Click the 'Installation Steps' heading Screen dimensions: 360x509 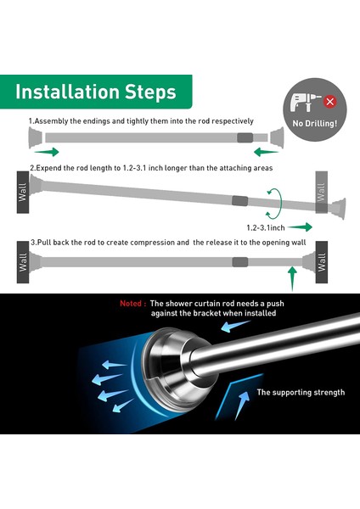tap(96, 92)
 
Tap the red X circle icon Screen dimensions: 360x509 tap(329, 102)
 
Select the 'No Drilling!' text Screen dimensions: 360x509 tap(314, 124)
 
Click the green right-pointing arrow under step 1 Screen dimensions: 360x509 tap(47, 152)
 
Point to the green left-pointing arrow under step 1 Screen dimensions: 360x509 tap(266, 152)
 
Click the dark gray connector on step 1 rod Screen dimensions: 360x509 tap(245, 137)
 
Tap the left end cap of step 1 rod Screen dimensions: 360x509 tap(35, 137)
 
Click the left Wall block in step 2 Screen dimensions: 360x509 tap(23, 193)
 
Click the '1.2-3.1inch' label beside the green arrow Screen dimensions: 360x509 tap(266, 227)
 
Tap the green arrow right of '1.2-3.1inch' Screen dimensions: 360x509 tap(300, 227)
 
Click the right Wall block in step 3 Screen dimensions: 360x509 tap(321, 262)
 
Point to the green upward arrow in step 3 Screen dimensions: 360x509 tap(292, 278)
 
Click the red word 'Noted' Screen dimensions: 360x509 tap(131, 304)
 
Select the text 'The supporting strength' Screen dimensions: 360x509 tap(301, 392)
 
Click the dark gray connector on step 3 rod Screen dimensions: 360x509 tap(240, 262)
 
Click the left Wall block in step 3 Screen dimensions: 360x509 tap(23, 262)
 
